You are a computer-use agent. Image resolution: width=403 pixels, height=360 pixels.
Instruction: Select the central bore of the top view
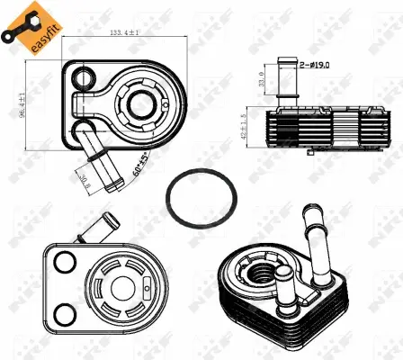[x=141, y=103]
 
